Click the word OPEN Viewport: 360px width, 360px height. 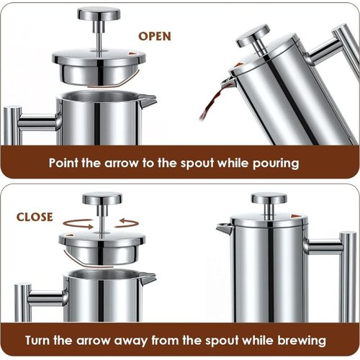(155, 36)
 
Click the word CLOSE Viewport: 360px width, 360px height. (35, 217)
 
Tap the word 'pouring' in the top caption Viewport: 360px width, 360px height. (276, 163)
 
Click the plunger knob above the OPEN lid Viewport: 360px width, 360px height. (99, 14)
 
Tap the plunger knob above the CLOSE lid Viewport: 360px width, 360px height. (102, 198)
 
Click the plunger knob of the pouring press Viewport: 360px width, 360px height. (253, 35)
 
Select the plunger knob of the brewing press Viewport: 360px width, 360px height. (269, 198)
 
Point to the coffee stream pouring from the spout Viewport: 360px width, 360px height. (211, 102)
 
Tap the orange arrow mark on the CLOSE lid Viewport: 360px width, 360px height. (70, 235)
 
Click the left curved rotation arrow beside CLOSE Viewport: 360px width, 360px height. (78, 224)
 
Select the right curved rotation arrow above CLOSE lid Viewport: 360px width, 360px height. (127, 223)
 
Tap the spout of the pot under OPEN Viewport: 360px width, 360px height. (148, 100)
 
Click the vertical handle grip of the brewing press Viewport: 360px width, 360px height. (348, 276)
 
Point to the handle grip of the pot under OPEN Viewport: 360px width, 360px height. (12, 125)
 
